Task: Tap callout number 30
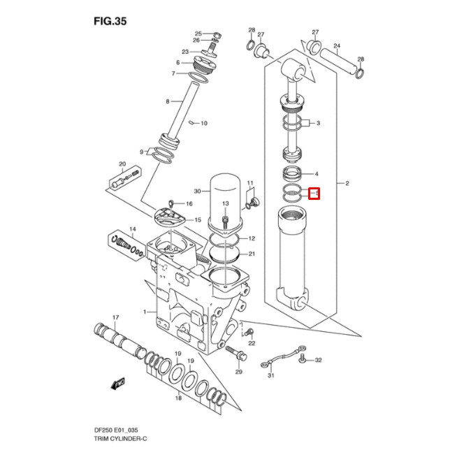[197, 191]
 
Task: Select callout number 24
[336, 47]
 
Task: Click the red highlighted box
[314, 192]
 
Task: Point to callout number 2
[346, 184]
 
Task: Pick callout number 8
[168, 102]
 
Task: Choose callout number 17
[116, 318]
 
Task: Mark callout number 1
[145, 311]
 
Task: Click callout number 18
[178, 398]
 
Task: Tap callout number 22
[252, 343]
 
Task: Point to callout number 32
[318, 361]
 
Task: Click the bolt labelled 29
[240, 354]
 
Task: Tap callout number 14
[132, 229]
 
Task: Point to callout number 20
[122, 165]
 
